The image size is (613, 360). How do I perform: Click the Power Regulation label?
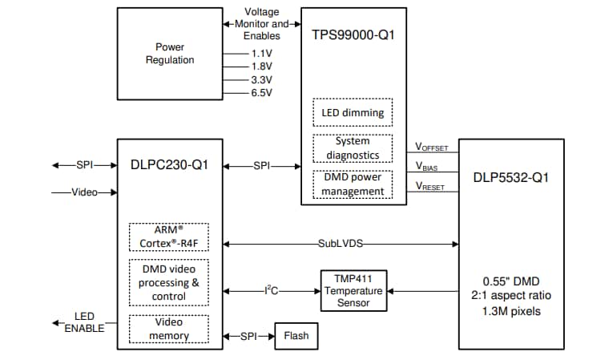170,54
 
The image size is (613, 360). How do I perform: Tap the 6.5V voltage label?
261,93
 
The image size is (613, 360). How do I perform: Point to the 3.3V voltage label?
261,79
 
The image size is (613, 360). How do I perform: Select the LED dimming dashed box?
353,113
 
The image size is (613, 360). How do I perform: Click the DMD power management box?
353,184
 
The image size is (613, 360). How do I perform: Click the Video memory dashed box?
168,330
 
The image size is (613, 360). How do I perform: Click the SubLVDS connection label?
342,242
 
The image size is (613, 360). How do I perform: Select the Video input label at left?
85,192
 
